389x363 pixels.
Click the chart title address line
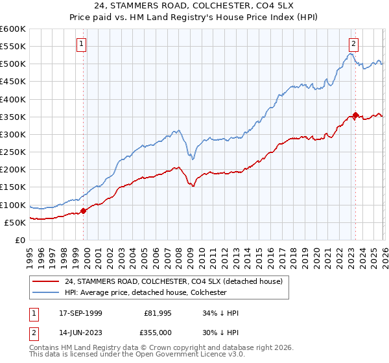(194, 7)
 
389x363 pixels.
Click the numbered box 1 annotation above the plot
(82, 44)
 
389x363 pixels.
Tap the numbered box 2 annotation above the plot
(353, 44)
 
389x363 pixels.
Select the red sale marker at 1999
(83, 211)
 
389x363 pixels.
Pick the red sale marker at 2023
(355, 115)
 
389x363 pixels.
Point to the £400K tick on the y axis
(13, 99)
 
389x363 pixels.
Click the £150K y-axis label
(13, 187)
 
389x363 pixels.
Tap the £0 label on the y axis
(19, 240)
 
